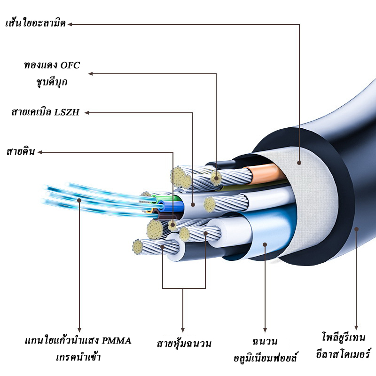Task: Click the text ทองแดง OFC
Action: pos(52,65)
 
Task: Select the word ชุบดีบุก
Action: pos(52,82)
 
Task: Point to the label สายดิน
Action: pos(20,152)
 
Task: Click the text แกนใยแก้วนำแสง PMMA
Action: pos(78,340)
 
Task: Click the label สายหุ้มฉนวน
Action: pos(184,344)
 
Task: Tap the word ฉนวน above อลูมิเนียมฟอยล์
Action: pos(265,341)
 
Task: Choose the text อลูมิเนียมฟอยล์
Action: pos(266,358)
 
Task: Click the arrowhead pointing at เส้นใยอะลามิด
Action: pos(70,23)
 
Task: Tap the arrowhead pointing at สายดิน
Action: pos(40,152)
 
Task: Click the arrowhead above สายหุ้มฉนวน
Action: pos(183,330)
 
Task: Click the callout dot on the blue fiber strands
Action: pos(79,200)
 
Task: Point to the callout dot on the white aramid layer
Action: pos(299,163)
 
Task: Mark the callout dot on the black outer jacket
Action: pos(356,229)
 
